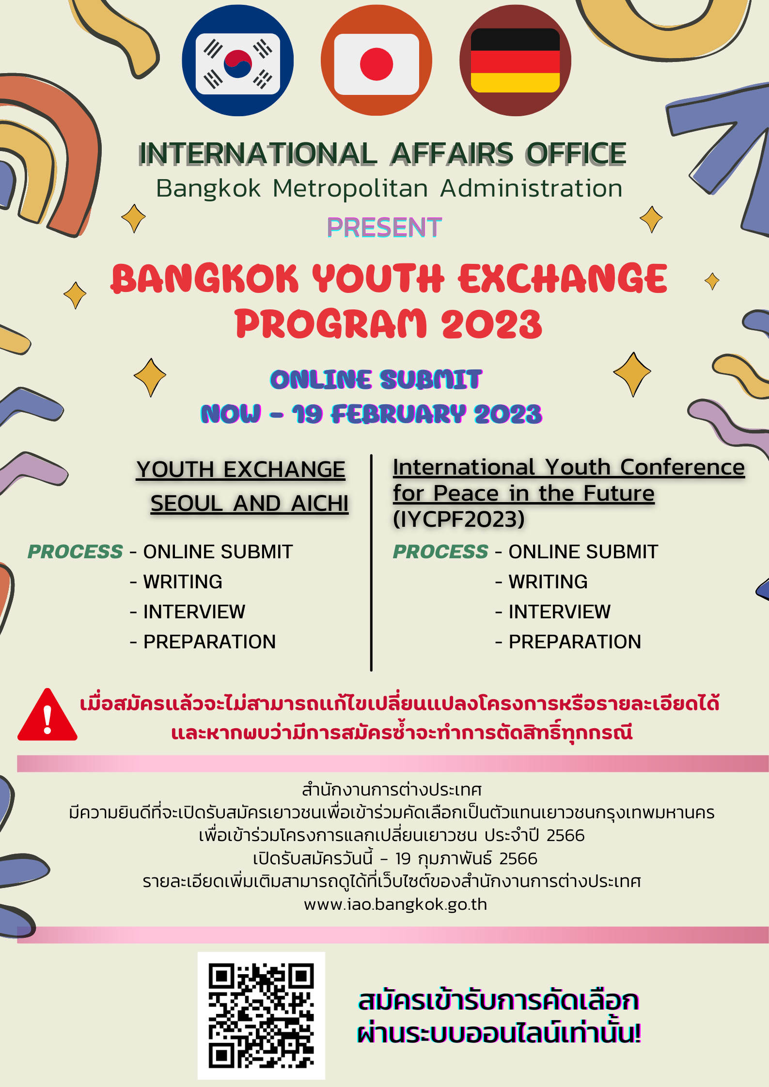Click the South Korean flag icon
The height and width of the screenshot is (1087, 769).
237,61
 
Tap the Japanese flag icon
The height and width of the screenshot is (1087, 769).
376,61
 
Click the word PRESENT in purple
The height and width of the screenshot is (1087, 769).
384,228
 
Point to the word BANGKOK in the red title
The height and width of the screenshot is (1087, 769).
204,279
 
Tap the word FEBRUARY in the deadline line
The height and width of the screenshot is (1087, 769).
398,414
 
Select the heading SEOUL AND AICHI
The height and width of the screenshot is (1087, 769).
249,504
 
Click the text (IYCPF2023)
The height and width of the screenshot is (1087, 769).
458,519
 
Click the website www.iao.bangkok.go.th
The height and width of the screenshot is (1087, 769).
395,904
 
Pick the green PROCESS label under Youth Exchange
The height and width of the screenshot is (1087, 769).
75,552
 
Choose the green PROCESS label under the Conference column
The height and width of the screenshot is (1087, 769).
440,552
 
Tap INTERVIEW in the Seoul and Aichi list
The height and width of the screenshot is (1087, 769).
194,612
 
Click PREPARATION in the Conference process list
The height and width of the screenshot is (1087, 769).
575,642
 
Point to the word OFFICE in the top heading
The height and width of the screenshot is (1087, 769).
576,154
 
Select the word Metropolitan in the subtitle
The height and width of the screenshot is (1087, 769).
350,188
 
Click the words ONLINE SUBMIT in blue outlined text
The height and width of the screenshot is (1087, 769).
376,380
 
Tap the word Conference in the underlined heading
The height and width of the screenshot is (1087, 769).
682,467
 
